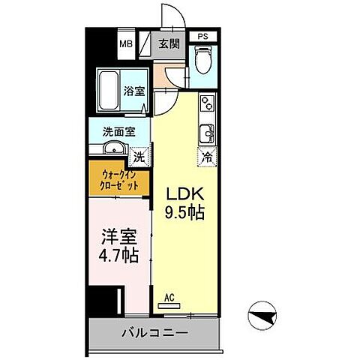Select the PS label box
(x=202, y=35)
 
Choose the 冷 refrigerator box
(x=206, y=157)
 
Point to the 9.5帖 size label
(x=184, y=211)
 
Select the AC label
(x=171, y=298)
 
